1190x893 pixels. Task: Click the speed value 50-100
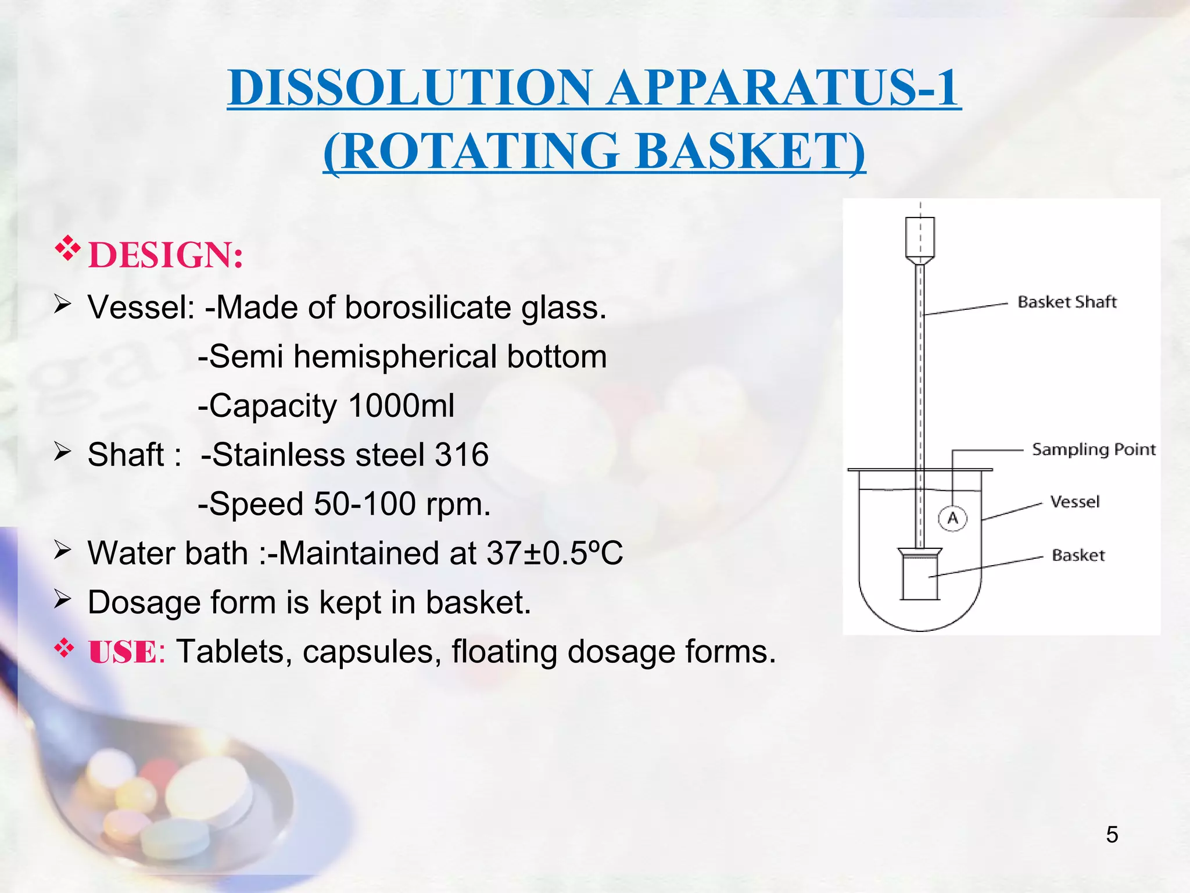pyautogui.click(x=364, y=504)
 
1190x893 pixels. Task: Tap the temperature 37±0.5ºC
pyautogui.click(x=554, y=553)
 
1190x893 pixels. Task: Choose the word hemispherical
pyautogui.click(x=395, y=356)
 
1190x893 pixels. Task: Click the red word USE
pyautogui.click(x=123, y=652)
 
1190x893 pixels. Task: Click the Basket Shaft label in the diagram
pyautogui.click(x=1067, y=302)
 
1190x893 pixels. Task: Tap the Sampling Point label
pyautogui.click(x=1094, y=449)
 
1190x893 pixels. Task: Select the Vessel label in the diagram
pyautogui.click(x=1074, y=502)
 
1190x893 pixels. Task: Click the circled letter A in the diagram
pyautogui.click(x=953, y=518)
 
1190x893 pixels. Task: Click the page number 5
pyautogui.click(x=1112, y=835)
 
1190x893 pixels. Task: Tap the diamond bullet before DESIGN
pyautogui.click(x=67, y=249)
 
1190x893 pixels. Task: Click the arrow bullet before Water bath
pyautogui.click(x=62, y=549)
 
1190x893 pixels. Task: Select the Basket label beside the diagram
pyautogui.click(x=1078, y=555)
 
